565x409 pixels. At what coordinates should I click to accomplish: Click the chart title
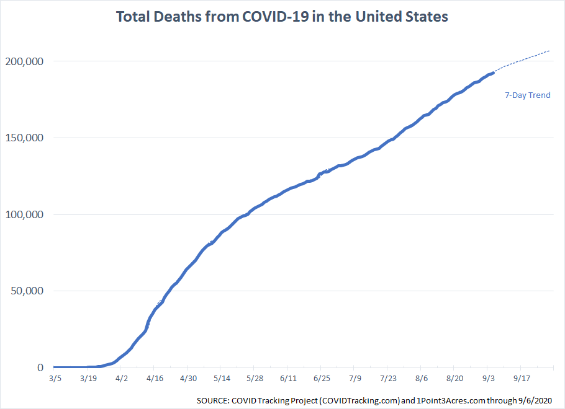(282, 17)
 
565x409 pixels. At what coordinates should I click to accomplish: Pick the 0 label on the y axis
(40, 367)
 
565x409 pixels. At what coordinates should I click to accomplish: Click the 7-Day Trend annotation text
(527, 95)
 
